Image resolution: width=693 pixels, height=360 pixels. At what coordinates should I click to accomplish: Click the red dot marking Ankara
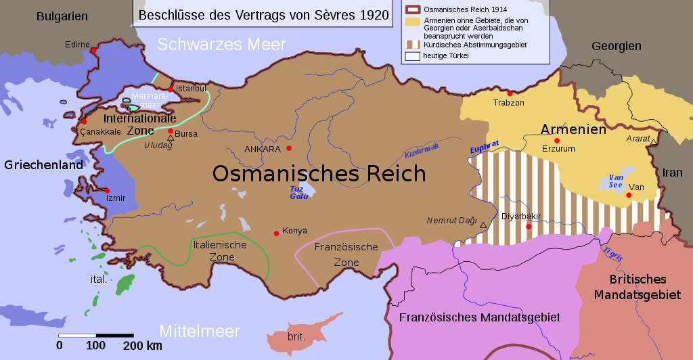click(x=289, y=148)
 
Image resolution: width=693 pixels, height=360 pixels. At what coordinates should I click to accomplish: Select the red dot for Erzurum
click(x=557, y=141)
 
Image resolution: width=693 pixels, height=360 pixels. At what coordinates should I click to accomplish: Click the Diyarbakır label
click(x=521, y=217)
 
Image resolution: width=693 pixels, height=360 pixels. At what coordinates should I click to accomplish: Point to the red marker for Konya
click(x=276, y=233)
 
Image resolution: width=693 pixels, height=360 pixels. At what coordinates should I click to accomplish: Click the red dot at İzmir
click(x=107, y=191)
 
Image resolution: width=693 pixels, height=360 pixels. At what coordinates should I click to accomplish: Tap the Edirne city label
click(x=77, y=45)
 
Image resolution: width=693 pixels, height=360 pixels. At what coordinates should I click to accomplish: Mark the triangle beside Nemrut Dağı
click(x=483, y=224)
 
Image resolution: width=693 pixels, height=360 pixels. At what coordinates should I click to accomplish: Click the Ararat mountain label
click(x=638, y=138)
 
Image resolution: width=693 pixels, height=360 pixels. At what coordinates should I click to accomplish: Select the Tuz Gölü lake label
click(x=298, y=193)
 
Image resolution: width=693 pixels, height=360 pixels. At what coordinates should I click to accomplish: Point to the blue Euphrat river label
click(x=485, y=148)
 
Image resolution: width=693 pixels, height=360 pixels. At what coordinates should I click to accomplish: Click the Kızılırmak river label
click(x=422, y=150)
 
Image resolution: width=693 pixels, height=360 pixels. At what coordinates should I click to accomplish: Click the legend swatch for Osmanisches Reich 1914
click(x=412, y=10)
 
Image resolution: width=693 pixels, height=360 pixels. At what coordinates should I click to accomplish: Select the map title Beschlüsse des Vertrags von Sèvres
click(x=264, y=14)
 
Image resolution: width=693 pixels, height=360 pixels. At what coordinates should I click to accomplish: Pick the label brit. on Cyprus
click(x=296, y=336)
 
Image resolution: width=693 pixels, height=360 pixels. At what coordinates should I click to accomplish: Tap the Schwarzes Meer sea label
click(x=222, y=45)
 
